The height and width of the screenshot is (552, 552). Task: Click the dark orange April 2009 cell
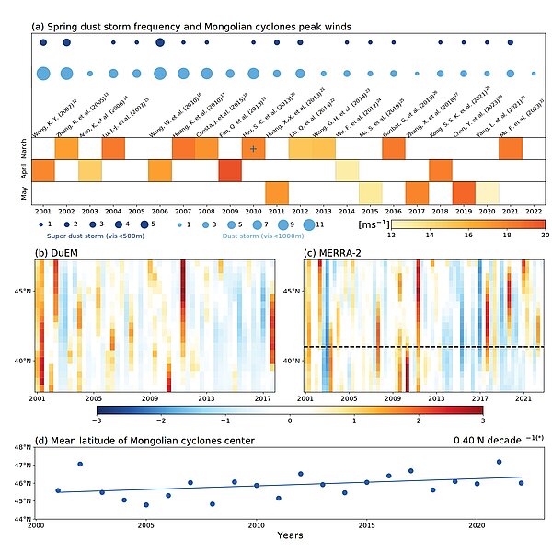pos(229,170)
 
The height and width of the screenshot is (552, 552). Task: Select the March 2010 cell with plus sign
pos(253,148)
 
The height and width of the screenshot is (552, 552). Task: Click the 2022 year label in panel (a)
pos(534,210)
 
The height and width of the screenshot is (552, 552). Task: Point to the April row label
pos(21,170)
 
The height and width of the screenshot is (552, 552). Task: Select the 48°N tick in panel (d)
pos(22,447)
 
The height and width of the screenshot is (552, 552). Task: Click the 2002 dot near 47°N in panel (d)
pos(80,465)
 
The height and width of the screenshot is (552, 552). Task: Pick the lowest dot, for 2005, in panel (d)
pos(145,505)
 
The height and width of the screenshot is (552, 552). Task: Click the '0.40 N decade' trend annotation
pos(493,440)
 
